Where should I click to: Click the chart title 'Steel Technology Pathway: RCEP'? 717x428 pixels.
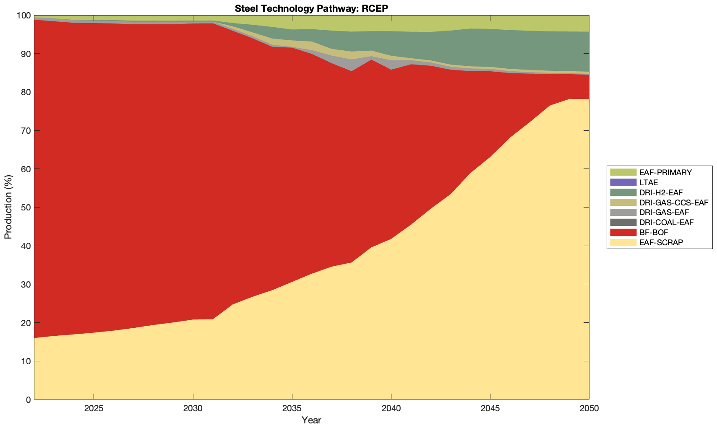pos(311,8)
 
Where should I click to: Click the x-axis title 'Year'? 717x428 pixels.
pos(311,420)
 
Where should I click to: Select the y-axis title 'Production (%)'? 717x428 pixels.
pos(8,207)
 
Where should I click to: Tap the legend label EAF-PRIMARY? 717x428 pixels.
pos(665,172)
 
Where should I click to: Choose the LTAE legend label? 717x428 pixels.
pos(649,182)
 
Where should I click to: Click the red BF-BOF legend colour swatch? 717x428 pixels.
pos(623,232)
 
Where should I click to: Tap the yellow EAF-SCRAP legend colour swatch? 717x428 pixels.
pos(623,242)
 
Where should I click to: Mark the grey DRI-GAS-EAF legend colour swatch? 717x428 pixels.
pos(623,213)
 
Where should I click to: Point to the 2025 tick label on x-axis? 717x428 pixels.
pos(94,409)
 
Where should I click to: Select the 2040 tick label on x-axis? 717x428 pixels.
pos(391,409)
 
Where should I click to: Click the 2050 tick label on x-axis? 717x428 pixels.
pos(589,409)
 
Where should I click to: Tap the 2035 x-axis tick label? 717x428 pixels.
pos(292,409)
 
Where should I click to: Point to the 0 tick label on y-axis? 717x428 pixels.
pos(28,400)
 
